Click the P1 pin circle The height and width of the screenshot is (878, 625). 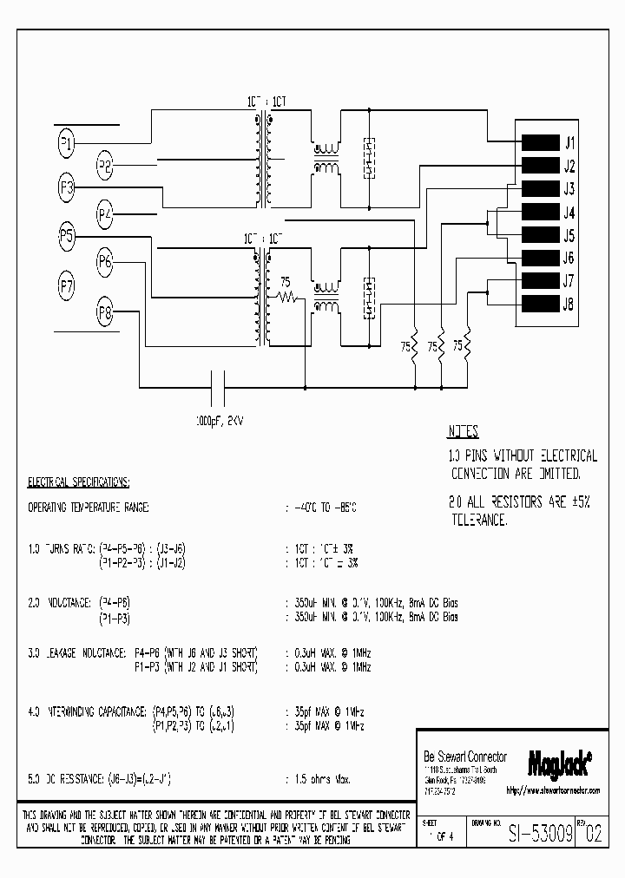coord(66,143)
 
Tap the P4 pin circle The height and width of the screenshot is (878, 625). coord(105,213)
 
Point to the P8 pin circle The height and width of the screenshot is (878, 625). coord(105,311)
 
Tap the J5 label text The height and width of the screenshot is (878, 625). coord(569,235)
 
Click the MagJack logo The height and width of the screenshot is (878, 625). coord(560,761)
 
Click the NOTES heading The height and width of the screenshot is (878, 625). coord(463,431)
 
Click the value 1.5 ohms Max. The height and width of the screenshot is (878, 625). coord(318,780)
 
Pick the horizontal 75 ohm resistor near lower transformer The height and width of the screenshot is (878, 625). coord(287,297)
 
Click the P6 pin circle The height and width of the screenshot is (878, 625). coord(105,259)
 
